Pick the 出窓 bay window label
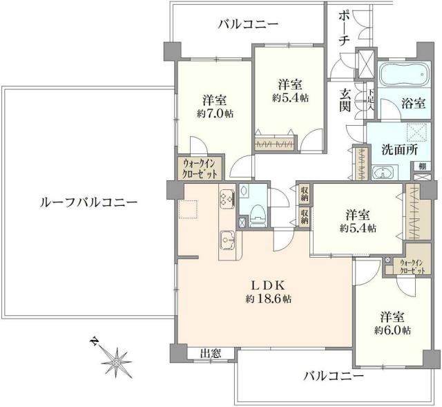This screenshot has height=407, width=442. pyautogui.click(x=211, y=354)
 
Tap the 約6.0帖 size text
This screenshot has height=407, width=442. pyautogui.click(x=392, y=330)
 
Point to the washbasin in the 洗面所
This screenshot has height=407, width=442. pyautogui.click(x=379, y=173)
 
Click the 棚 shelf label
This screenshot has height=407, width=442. pyautogui.click(x=420, y=166)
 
